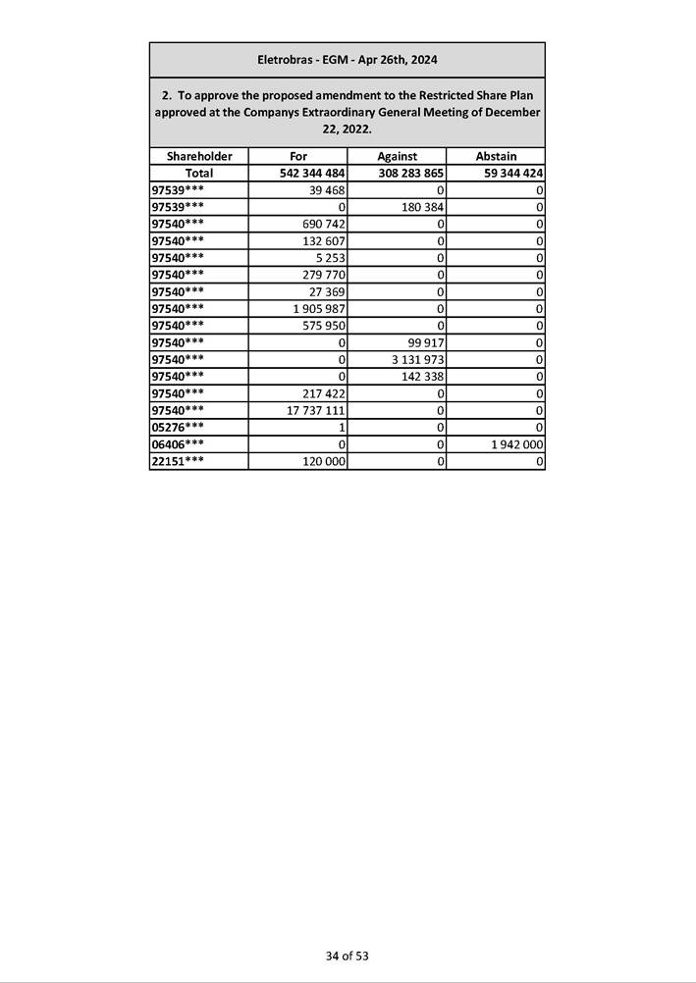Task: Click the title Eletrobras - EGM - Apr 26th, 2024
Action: point(347,60)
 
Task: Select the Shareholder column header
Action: point(199,156)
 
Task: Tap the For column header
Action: point(298,156)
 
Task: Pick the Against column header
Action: point(397,156)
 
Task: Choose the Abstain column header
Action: point(496,156)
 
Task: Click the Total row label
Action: point(199,173)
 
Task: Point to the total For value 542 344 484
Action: point(305,173)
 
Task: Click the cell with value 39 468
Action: point(323,189)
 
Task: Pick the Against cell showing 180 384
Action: point(420,207)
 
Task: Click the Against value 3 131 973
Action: point(416,359)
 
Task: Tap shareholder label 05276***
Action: point(179,427)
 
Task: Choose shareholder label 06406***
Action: point(179,443)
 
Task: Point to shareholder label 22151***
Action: point(179,461)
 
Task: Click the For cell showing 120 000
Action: point(323,461)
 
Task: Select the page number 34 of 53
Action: point(348,955)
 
